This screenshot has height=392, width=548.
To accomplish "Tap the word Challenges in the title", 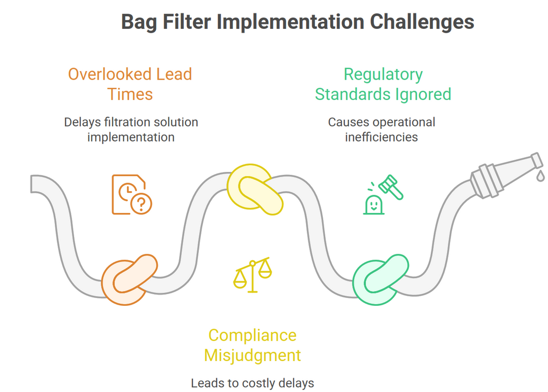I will point(421,22).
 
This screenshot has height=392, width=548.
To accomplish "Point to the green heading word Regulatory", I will point(383,74).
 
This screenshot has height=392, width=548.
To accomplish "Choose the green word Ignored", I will point(424,94).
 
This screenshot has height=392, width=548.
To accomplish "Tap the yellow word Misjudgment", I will point(252,355).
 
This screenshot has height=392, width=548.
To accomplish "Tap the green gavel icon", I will point(392,186).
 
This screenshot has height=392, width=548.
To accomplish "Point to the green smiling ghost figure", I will point(373,204).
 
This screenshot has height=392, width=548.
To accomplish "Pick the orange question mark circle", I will point(142,204).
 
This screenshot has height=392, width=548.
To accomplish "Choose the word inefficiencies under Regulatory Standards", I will point(381,137).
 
